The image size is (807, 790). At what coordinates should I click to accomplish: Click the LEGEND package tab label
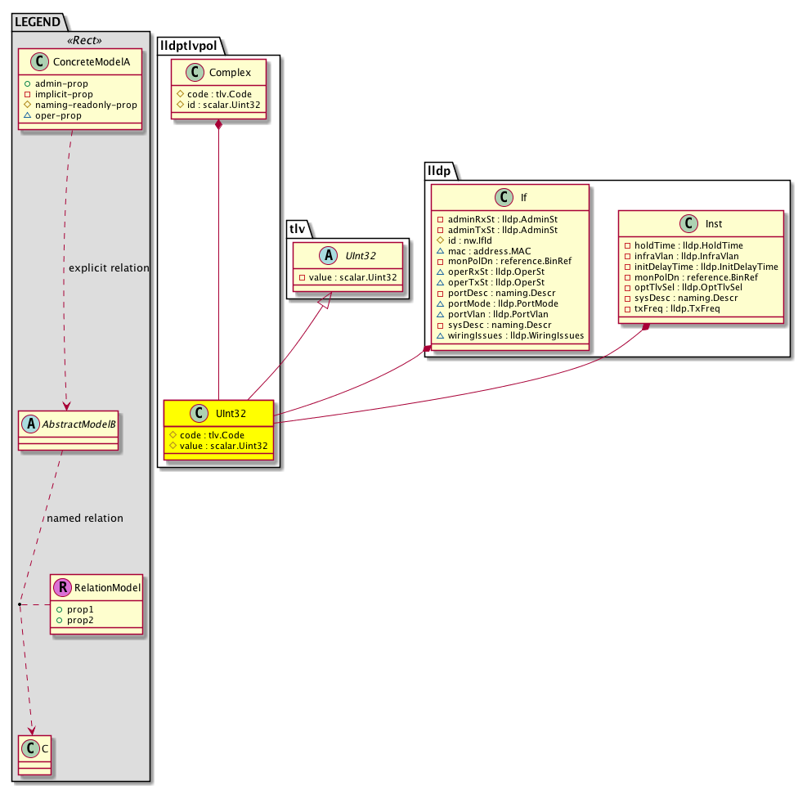[38, 22]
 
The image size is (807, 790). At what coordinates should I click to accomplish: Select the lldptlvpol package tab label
[188, 46]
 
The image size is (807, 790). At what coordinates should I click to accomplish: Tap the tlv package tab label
[298, 228]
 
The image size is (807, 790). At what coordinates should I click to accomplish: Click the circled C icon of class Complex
[195, 73]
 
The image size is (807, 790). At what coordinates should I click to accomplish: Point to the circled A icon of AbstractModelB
[31, 424]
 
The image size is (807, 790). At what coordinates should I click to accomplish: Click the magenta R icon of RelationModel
[62, 587]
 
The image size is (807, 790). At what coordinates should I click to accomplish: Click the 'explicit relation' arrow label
[109, 267]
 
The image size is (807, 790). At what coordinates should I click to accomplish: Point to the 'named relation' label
[85, 518]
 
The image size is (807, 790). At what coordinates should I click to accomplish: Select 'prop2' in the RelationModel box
[75, 620]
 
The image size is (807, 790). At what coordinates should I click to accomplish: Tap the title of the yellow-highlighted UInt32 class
[231, 413]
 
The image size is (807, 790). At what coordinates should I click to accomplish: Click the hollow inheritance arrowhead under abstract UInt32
[325, 300]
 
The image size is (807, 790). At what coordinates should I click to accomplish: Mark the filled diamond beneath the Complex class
[219, 125]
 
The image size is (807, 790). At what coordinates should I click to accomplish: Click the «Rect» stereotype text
[84, 40]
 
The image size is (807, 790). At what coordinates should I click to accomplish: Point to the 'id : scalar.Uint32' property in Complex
[218, 105]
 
